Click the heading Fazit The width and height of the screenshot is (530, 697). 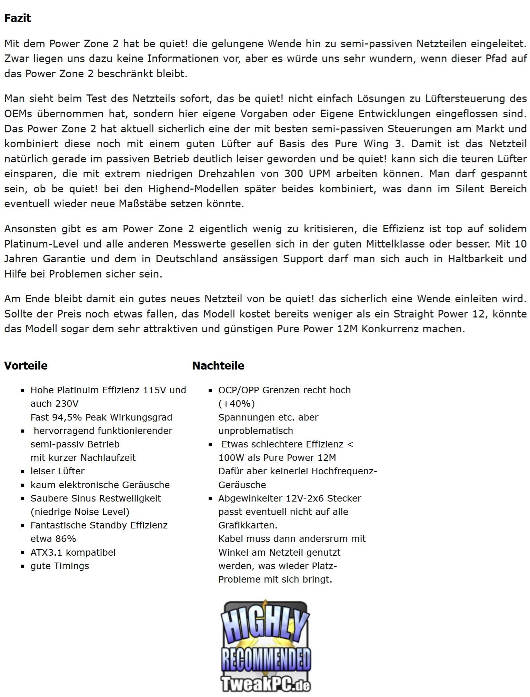(18, 18)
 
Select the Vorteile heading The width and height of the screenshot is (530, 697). (26, 365)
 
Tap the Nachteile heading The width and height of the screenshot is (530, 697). (218, 365)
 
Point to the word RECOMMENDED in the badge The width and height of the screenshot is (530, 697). (266, 659)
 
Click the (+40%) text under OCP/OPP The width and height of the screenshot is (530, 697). (236, 403)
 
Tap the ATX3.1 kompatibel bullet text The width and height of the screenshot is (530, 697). (73, 552)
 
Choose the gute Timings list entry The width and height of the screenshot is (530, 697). (60, 566)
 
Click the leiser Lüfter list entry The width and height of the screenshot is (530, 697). (57, 471)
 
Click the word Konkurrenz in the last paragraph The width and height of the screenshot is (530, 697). (390, 329)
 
